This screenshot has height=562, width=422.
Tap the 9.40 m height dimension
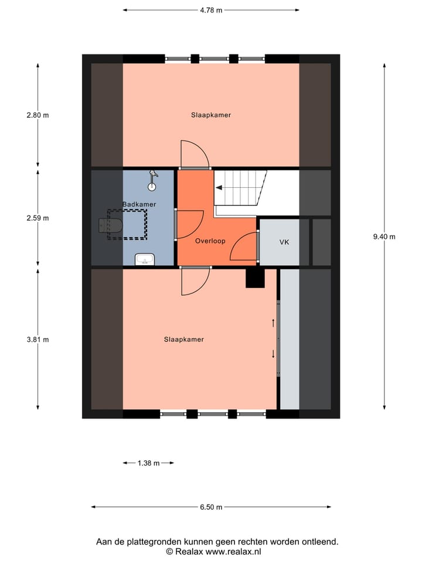click(384, 237)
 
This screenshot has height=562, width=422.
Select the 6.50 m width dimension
click(211, 507)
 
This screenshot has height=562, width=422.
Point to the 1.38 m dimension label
click(148, 463)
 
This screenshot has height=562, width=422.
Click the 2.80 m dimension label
click(38, 115)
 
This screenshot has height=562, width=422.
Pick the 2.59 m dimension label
click(38, 218)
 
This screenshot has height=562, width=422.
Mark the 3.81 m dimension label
click(38, 340)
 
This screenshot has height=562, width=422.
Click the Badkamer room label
click(139, 204)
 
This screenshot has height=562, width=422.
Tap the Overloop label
click(210, 241)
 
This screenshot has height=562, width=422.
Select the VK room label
click(284, 242)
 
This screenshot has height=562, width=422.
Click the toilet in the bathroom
click(111, 225)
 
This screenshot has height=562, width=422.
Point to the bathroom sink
click(144, 259)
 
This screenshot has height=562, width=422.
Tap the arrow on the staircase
click(219, 188)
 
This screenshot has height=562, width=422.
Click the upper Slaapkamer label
click(211, 115)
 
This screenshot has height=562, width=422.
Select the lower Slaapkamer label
click(184, 340)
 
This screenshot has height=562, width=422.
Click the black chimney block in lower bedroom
click(256, 278)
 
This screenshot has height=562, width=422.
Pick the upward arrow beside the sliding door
click(273, 323)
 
